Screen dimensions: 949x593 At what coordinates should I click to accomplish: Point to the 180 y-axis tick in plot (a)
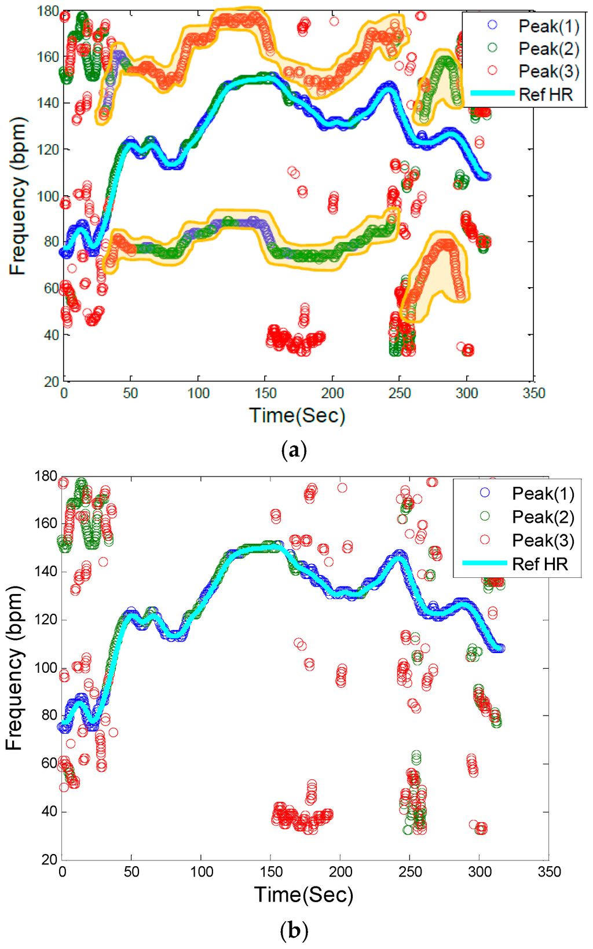tap(47, 11)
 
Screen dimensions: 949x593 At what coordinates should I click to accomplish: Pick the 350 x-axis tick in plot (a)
tap(533, 393)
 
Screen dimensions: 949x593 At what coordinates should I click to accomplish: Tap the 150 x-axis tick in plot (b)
tap(271, 872)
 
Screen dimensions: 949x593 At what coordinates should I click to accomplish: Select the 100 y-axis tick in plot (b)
tap(46, 668)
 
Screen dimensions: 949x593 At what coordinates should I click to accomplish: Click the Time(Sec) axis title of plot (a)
tap(297, 416)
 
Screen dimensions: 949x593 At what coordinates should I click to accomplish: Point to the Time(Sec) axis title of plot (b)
tap(303, 895)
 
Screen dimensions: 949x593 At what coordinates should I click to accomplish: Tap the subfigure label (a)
tap(294, 450)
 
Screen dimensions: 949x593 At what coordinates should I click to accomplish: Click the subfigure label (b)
tap(294, 931)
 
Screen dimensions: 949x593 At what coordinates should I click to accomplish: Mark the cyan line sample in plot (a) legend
tap(492, 93)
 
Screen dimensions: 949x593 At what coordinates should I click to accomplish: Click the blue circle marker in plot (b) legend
tap(485, 493)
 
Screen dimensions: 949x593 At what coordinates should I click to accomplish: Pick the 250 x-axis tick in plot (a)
tap(400, 393)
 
